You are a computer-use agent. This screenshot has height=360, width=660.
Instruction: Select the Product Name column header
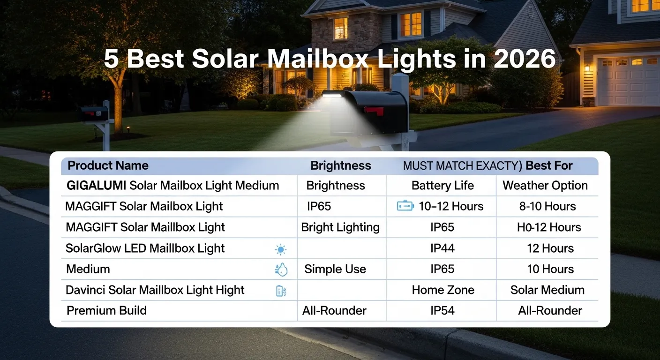108,165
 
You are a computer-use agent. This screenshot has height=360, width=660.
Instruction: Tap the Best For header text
549,165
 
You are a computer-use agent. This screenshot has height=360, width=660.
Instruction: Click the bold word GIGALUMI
96,186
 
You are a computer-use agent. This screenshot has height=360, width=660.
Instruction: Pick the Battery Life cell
442,186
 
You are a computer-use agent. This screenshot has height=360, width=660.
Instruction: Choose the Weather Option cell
545,186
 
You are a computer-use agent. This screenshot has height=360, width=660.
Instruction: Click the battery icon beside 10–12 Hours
405,206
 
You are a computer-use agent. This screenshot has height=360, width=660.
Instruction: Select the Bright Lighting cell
340,227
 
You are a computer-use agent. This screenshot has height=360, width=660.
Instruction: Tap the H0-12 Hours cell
549,227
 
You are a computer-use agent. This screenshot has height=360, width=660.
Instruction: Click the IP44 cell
442,248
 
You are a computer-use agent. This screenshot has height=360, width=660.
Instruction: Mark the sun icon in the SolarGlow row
281,249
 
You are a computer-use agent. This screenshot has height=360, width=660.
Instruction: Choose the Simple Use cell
335,269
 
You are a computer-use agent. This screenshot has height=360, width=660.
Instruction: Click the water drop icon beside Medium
281,270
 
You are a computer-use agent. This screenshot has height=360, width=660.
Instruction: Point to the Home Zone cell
443,290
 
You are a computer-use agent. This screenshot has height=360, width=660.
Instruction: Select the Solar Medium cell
547,290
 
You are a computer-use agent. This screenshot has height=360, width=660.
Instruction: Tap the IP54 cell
442,310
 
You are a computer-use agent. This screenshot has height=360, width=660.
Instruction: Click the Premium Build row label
106,310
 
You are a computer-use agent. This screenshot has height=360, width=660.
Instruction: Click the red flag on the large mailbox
374,111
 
